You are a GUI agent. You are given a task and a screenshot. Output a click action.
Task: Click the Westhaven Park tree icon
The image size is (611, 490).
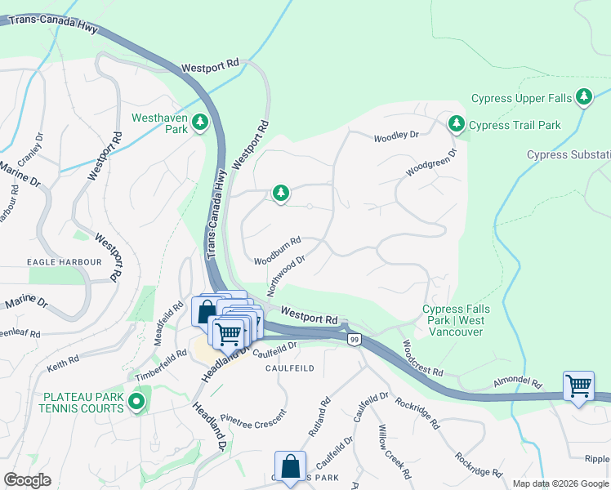click(199, 123)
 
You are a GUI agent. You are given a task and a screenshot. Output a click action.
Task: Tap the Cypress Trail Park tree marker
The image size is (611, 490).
click(456, 125)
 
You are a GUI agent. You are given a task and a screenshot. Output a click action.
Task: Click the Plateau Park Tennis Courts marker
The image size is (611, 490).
click(136, 402)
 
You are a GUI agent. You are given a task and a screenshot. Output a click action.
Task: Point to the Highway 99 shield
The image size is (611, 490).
click(354, 339)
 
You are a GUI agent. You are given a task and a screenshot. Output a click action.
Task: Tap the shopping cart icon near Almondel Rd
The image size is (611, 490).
click(578, 385)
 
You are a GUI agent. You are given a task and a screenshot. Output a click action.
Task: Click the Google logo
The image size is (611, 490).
click(27, 480)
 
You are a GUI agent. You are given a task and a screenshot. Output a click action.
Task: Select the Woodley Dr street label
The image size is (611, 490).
click(396, 136)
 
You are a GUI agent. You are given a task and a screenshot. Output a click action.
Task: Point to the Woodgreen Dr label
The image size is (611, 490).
click(432, 162)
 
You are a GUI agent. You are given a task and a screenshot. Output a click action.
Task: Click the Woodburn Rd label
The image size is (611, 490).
click(278, 251)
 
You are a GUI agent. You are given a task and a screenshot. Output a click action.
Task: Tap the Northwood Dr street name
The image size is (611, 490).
click(286, 275)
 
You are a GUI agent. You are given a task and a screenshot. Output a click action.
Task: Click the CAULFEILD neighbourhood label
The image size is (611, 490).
click(289, 368)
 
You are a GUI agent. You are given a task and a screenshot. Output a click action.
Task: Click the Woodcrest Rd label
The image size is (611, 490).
click(422, 359)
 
